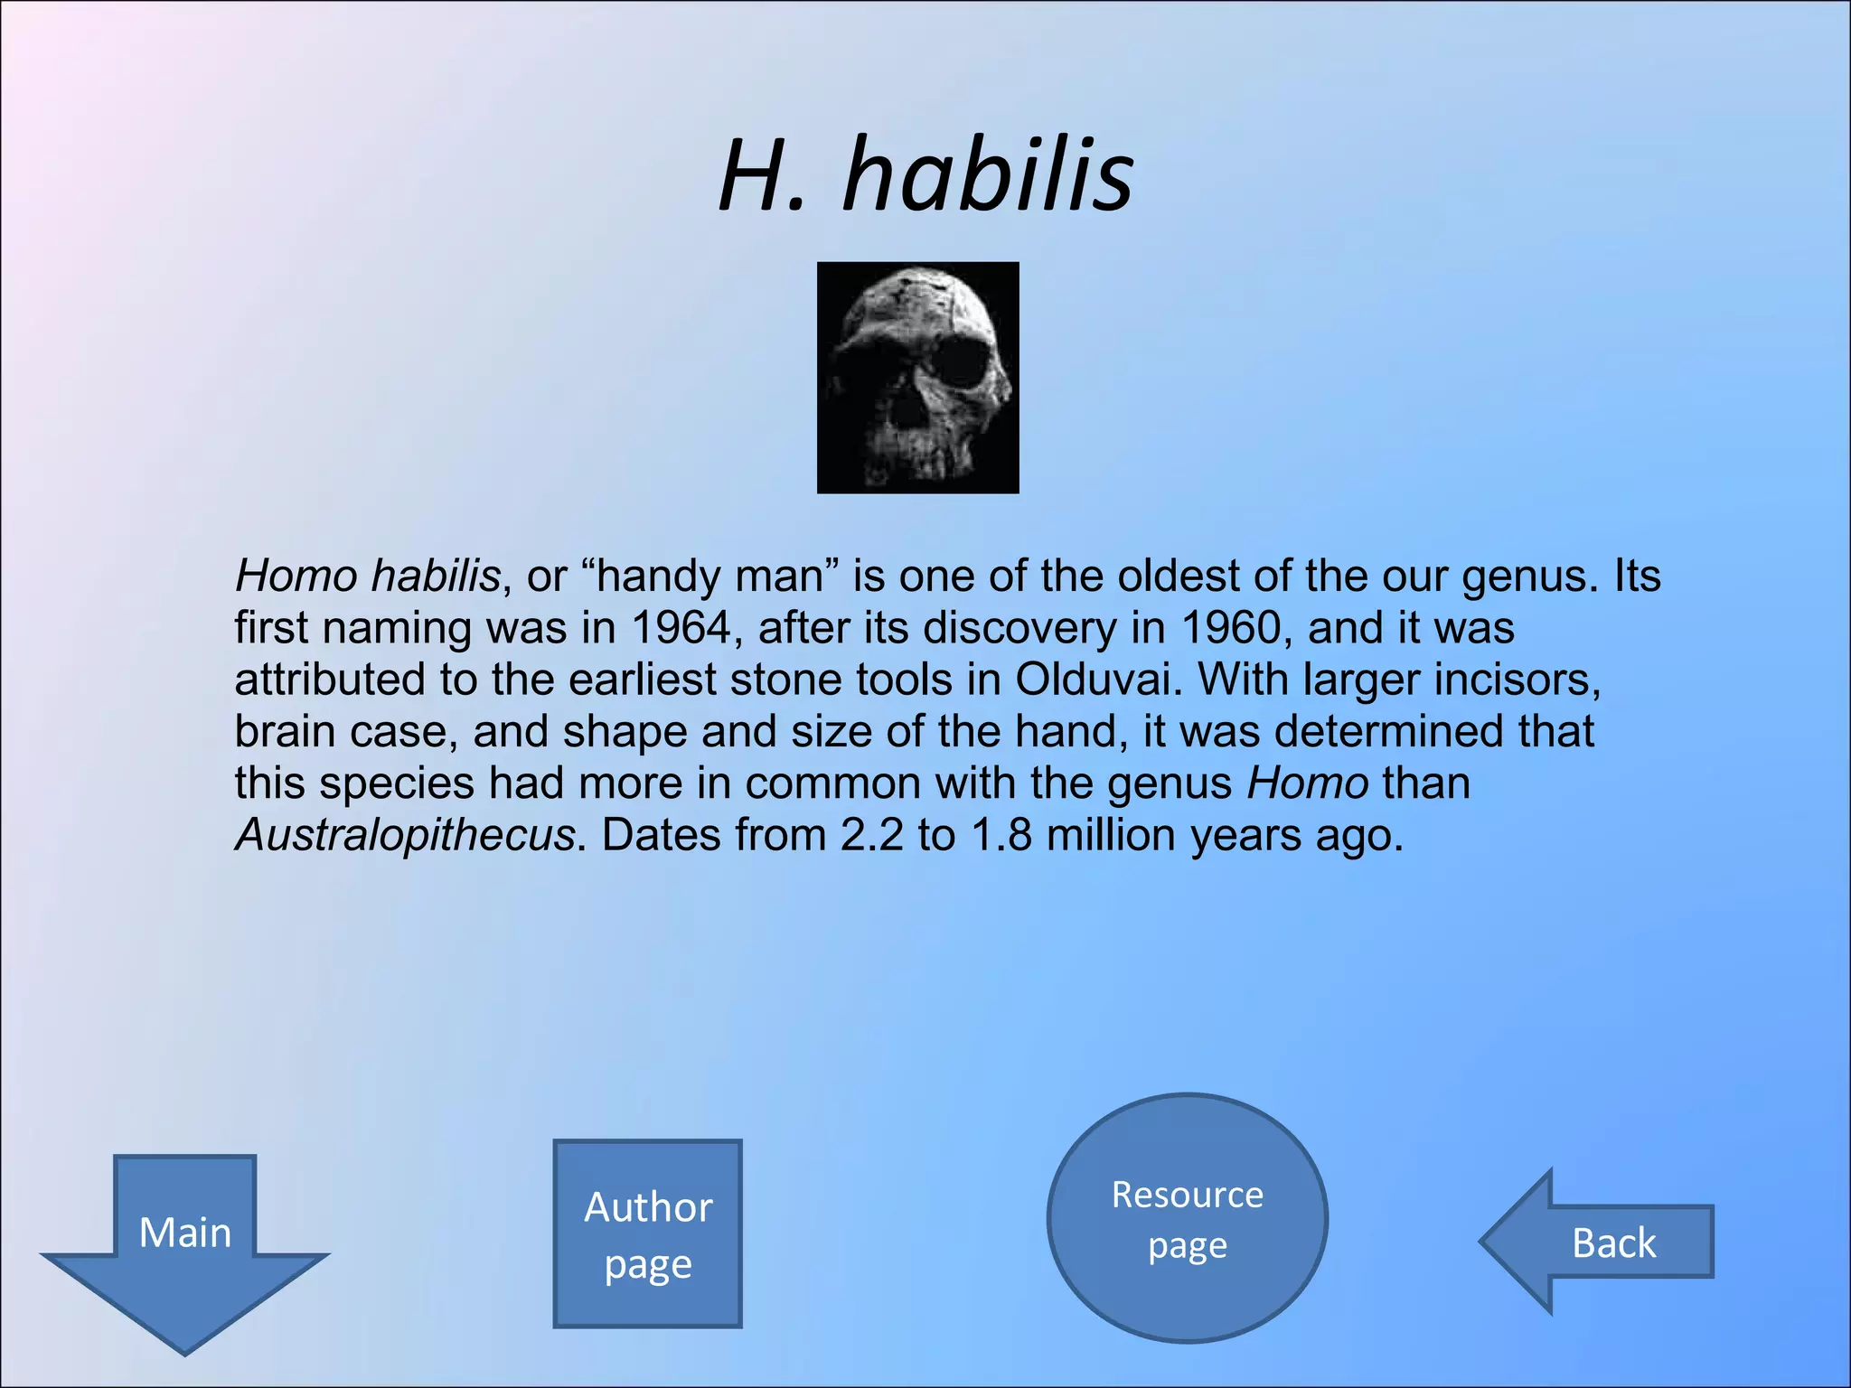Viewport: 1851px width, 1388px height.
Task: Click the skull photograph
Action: (917, 378)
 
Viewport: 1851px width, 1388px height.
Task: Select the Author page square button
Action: (648, 1233)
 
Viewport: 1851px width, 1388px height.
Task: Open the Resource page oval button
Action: (1187, 1219)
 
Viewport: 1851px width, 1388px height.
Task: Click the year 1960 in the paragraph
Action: (1231, 627)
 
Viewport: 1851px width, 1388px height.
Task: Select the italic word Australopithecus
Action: (405, 835)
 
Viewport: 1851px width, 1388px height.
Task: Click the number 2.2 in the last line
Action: (871, 835)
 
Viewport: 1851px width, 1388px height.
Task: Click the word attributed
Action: (330, 680)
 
